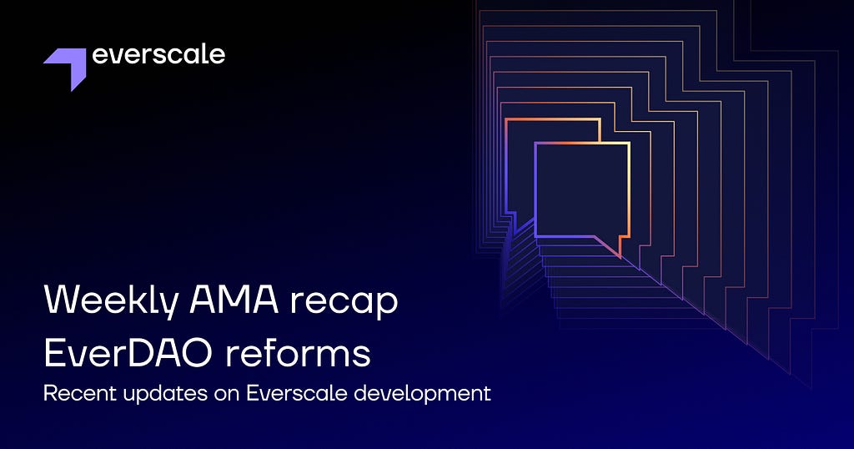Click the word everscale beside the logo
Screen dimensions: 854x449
tap(158, 54)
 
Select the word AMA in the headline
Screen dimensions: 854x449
tap(234, 299)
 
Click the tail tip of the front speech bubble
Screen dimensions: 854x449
tap(620, 257)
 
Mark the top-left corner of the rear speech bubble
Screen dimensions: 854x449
tap(506, 119)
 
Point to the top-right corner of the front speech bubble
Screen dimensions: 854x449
tap(629, 143)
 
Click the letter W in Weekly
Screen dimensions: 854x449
tap(62, 299)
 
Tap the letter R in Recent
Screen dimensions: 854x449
tap(49, 393)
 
